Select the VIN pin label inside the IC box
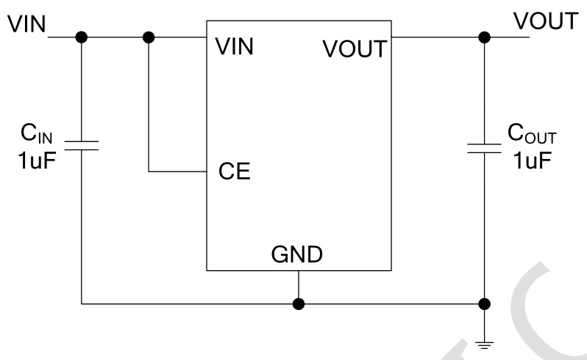point(235,47)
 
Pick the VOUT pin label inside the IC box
point(353,49)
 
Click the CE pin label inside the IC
point(234,172)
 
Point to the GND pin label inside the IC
point(297,254)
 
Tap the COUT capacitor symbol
point(484,149)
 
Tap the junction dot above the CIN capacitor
point(82,36)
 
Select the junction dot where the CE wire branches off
point(149,36)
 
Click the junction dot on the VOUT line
point(484,36)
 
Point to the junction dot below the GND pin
point(298,303)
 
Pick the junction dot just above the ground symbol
point(484,303)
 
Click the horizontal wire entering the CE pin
point(177,172)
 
